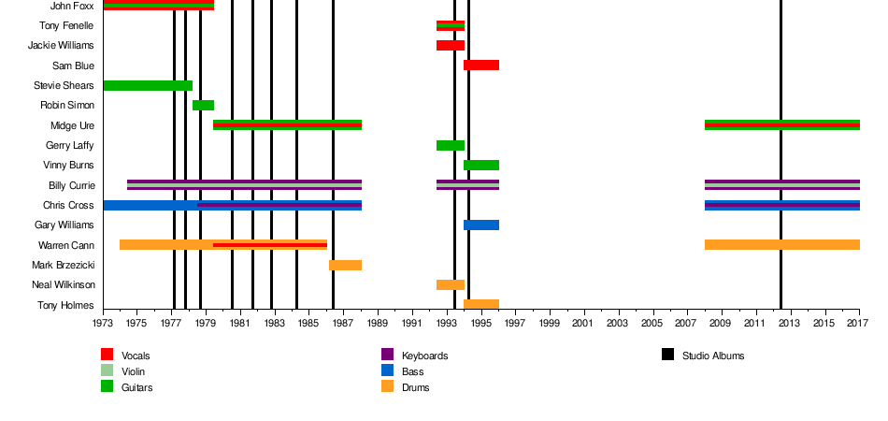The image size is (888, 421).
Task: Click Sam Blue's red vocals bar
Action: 481,65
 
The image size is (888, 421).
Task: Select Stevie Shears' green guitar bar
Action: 148,85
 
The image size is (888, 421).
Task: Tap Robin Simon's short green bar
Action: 203,105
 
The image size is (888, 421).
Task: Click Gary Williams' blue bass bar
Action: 481,225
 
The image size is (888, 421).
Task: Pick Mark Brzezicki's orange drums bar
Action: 345,265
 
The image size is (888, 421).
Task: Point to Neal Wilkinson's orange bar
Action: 450,284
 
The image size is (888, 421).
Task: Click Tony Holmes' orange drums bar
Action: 481,304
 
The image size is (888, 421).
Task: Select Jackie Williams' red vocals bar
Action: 450,45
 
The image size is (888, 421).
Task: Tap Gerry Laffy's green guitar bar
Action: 450,145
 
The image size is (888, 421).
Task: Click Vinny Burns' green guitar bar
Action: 481,165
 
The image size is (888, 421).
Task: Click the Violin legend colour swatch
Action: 107,370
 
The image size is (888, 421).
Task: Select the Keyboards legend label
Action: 424,356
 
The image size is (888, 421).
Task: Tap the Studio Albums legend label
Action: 713,356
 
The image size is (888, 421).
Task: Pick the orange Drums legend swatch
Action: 387,386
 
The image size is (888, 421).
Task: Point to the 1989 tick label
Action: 379,324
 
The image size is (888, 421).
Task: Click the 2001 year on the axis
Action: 584,324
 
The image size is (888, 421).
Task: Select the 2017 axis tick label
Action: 857,324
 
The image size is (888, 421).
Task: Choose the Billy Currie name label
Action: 71,185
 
